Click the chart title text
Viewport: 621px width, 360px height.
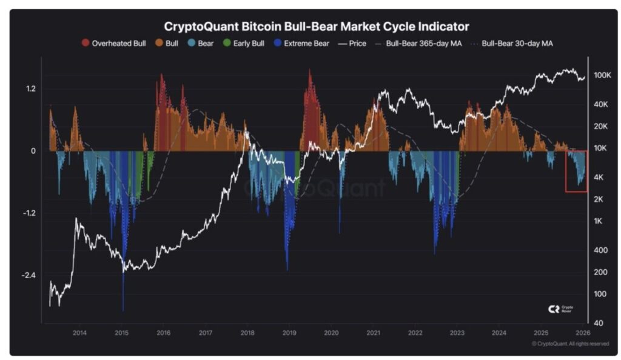pos(317,27)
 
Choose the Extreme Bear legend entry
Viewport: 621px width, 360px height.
pos(301,44)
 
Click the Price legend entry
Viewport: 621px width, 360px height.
pos(352,44)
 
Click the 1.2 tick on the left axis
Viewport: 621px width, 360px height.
pos(30,89)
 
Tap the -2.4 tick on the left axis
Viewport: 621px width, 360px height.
pos(29,275)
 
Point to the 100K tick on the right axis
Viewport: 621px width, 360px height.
pos(602,75)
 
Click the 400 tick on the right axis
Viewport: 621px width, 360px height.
pos(600,250)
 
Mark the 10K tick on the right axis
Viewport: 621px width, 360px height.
pos(600,148)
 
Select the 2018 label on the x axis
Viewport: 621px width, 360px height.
pos(247,333)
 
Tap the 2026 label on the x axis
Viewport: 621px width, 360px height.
pos(583,333)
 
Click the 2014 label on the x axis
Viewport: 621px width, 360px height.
pos(79,333)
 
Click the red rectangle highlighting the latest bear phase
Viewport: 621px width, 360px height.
pos(576,172)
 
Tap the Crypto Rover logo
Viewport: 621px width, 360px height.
pos(560,309)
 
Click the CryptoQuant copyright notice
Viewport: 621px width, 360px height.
pos(570,344)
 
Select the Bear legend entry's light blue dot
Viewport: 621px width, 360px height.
pos(191,44)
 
